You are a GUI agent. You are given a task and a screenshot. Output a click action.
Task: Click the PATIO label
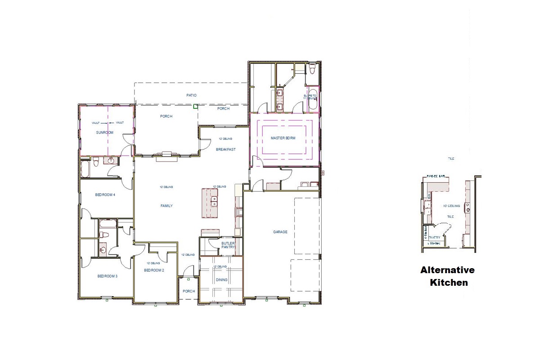click(192, 95)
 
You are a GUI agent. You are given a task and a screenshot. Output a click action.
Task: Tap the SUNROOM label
click(104, 133)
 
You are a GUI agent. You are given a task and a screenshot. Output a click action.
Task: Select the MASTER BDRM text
click(283, 138)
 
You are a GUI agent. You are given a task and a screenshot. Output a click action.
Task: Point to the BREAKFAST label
click(225, 149)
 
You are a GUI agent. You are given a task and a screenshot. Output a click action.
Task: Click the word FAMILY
click(167, 206)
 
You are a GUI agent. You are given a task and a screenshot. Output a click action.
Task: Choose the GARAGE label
click(280, 232)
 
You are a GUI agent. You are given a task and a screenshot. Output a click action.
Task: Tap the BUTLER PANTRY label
click(228, 246)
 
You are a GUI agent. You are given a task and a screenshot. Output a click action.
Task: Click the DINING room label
click(221, 280)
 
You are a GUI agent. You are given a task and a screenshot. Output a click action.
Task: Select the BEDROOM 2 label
click(154, 270)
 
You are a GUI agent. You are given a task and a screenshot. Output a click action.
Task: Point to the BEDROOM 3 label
click(107, 276)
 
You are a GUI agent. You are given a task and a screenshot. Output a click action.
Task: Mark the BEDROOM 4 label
click(105, 195)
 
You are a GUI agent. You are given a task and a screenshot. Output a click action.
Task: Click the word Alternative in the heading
click(447, 270)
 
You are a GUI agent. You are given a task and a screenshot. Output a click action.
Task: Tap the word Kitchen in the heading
click(448, 283)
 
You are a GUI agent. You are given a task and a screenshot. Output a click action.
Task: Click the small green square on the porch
click(195, 107)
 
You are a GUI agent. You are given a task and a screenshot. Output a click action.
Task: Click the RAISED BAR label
click(436, 176)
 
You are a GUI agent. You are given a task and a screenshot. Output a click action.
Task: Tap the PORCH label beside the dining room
click(189, 291)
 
